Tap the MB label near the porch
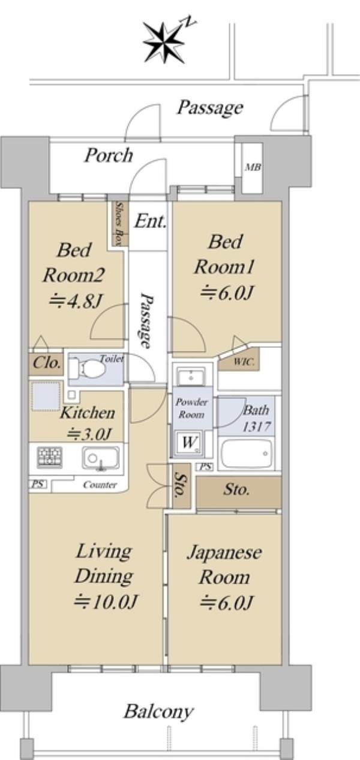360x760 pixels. click(x=253, y=167)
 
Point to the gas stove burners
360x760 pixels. click(x=50, y=457)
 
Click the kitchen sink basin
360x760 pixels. click(x=100, y=458)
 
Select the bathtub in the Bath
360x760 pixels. click(x=247, y=454)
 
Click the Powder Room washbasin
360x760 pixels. click(x=191, y=377)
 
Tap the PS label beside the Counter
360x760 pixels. click(x=38, y=484)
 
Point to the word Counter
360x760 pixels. click(x=100, y=485)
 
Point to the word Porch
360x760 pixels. click(x=108, y=155)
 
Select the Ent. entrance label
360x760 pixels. click(x=151, y=221)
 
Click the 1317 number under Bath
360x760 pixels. click(x=256, y=426)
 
